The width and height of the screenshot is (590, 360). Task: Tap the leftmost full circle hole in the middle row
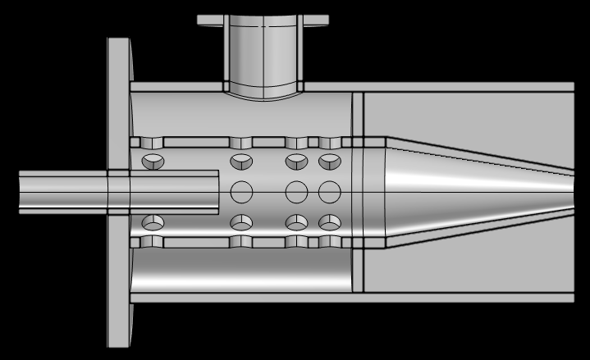242,192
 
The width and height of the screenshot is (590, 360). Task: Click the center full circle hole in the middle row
296,192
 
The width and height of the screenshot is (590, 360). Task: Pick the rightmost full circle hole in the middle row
329,192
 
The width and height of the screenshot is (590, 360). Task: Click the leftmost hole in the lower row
153,222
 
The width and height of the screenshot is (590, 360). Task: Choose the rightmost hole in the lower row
329,222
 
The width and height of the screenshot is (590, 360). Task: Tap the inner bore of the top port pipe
263,57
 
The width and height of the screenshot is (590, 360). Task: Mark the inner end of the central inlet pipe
215,192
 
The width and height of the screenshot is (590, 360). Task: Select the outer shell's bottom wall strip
353,298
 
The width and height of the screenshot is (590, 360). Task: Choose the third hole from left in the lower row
296,222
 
